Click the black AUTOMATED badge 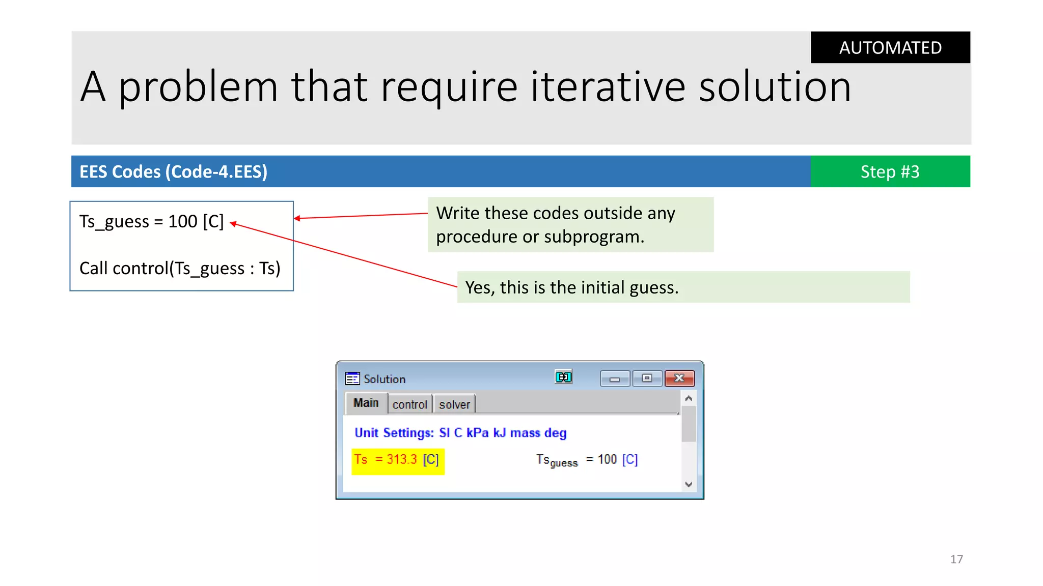point(890,47)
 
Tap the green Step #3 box point(890,171)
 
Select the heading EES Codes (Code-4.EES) point(173,172)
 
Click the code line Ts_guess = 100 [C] point(151,222)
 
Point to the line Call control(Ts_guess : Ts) point(180,268)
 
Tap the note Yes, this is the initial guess point(571,287)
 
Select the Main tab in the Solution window point(366,403)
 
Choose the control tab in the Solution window point(409,404)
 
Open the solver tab point(454,404)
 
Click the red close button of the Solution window point(679,378)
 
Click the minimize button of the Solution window point(615,379)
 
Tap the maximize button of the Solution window point(647,378)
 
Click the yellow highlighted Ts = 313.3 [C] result point(397,460)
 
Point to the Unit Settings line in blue point(460,433)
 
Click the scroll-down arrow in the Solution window point(689,484)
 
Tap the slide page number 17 point(956,559)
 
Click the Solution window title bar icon point(352,378)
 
